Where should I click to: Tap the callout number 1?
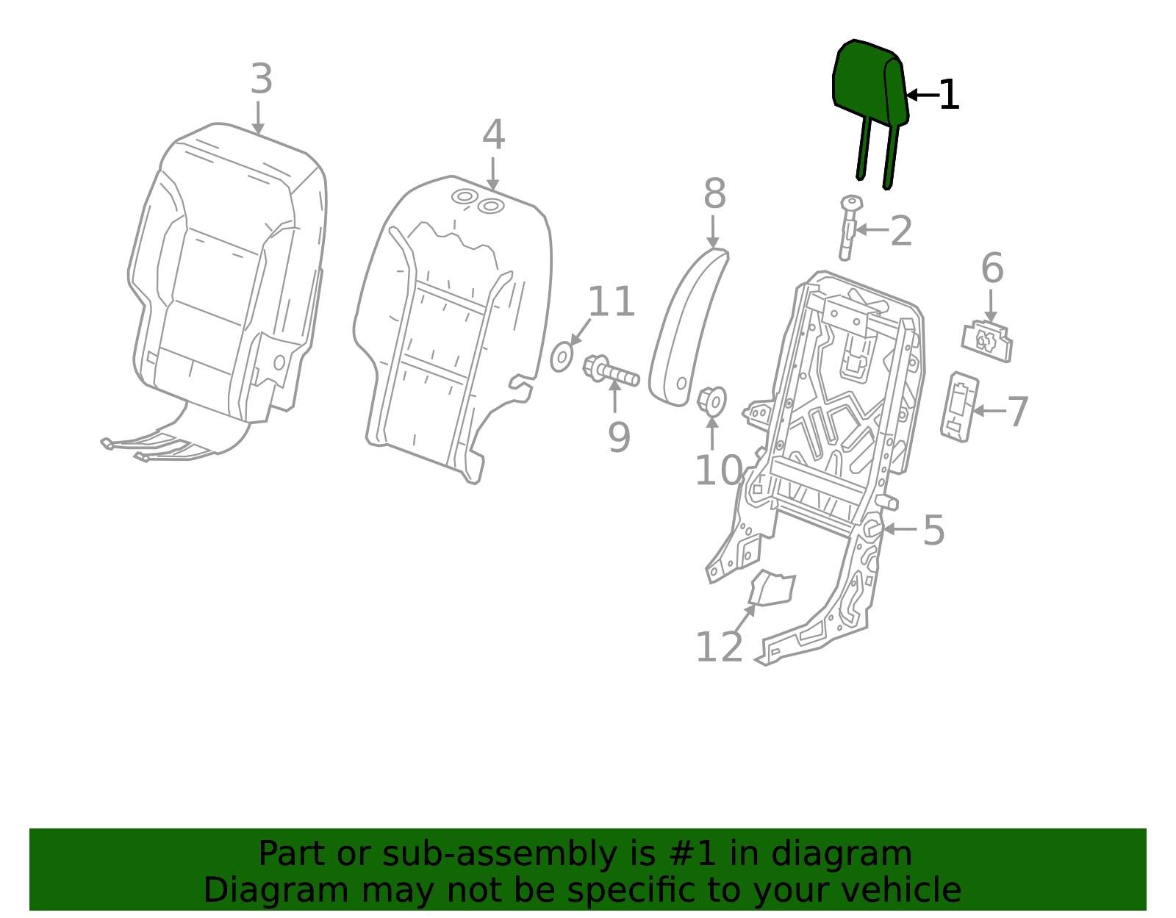949,96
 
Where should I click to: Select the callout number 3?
261,79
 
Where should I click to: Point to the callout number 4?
493,136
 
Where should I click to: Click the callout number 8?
714,195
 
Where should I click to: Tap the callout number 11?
611,302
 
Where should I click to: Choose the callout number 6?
992,268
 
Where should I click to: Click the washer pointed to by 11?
562,357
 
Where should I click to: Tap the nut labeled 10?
711,401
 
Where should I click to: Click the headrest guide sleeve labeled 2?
849,228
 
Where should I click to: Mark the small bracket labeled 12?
772,588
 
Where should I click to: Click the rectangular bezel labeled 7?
959,406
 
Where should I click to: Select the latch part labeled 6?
987,341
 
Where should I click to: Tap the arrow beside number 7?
989,411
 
